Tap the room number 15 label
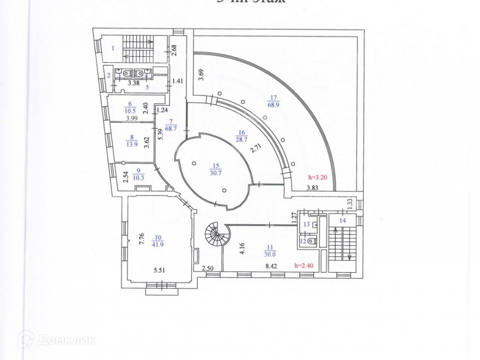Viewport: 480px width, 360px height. (216, 165)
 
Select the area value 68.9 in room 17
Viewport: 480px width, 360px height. (273, 105)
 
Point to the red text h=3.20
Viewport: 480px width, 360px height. (317, 178)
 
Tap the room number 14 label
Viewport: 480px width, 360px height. (343, 220)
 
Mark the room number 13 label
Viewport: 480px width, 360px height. (307, 225)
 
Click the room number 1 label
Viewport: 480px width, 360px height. (113, 47)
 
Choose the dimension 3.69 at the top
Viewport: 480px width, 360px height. (200, 75)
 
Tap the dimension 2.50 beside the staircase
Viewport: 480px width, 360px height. (208, 268)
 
